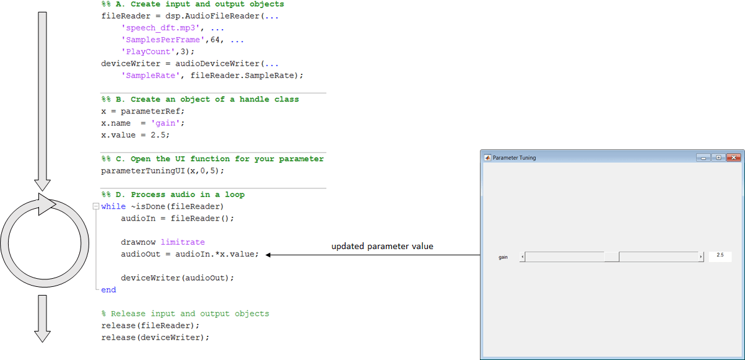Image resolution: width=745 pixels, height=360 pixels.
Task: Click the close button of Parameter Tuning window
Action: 733,157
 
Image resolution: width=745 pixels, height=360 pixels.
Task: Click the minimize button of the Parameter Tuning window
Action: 703,157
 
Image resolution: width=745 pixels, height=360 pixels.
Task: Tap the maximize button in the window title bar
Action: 718,157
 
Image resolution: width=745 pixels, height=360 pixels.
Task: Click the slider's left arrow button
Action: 522,257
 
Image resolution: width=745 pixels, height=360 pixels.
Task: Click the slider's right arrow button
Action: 701,257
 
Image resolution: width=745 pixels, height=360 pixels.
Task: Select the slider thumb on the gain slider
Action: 612,257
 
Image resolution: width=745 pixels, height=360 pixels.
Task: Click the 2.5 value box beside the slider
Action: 720,255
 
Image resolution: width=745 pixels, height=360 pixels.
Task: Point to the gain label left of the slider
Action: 503,257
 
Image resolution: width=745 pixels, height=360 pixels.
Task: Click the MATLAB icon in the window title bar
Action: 487,158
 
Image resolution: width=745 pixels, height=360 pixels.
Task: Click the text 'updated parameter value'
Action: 382,246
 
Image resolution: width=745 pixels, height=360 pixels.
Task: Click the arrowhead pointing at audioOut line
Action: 268,255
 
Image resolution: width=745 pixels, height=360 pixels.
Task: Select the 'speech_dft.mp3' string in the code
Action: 160,28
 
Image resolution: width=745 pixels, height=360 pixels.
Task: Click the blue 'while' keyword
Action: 113,206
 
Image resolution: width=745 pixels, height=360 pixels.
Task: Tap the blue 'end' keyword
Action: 109,290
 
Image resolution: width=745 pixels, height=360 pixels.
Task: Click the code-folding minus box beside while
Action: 96,206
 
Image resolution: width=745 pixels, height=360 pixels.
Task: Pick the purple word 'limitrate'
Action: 183,242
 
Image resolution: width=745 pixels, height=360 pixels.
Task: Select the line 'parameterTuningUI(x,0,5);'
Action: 163,171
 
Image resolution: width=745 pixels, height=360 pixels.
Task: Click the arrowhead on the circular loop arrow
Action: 47,204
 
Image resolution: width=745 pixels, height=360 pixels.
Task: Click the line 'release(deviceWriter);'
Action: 155,338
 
